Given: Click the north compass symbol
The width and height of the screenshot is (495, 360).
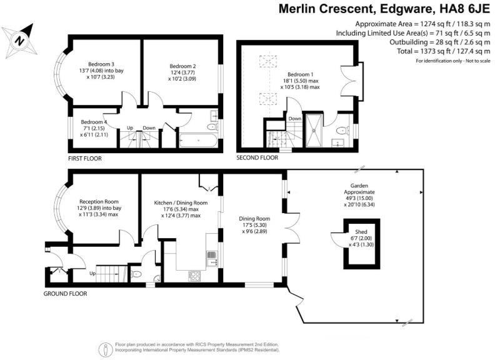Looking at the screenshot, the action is pos(19,41).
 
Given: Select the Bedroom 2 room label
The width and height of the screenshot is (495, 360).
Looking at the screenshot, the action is pos(182,66).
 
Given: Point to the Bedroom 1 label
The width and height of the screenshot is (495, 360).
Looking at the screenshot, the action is pos(300,74).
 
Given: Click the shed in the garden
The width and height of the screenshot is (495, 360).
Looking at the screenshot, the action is pos(362,244).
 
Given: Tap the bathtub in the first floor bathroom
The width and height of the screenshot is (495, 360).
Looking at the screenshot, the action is pos(198,140).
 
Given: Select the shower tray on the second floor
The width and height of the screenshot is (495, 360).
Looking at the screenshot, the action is pos(314,131).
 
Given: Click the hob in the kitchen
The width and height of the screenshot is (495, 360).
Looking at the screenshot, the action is pos(194,276).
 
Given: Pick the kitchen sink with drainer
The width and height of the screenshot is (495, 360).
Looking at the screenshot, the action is pos(212,258).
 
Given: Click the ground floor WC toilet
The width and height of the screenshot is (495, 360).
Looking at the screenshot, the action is pos(136,274).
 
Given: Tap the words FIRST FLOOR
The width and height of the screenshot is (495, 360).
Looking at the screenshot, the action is pos(85,159).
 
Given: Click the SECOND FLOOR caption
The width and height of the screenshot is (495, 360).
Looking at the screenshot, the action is pos(257,157).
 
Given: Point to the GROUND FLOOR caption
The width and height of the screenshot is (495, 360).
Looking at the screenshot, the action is pos(66,294).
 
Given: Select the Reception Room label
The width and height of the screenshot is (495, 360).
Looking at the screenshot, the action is pos(99,202).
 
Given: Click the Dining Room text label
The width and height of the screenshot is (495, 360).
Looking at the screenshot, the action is pos(254,219).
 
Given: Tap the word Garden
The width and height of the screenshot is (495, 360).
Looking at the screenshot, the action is pos(359,186).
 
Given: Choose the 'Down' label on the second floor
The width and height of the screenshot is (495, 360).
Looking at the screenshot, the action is pos(295,118).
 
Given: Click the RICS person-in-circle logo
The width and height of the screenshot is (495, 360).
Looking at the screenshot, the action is pos(106,349).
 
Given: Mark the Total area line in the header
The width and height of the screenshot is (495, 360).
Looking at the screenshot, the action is pos(444,51).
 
